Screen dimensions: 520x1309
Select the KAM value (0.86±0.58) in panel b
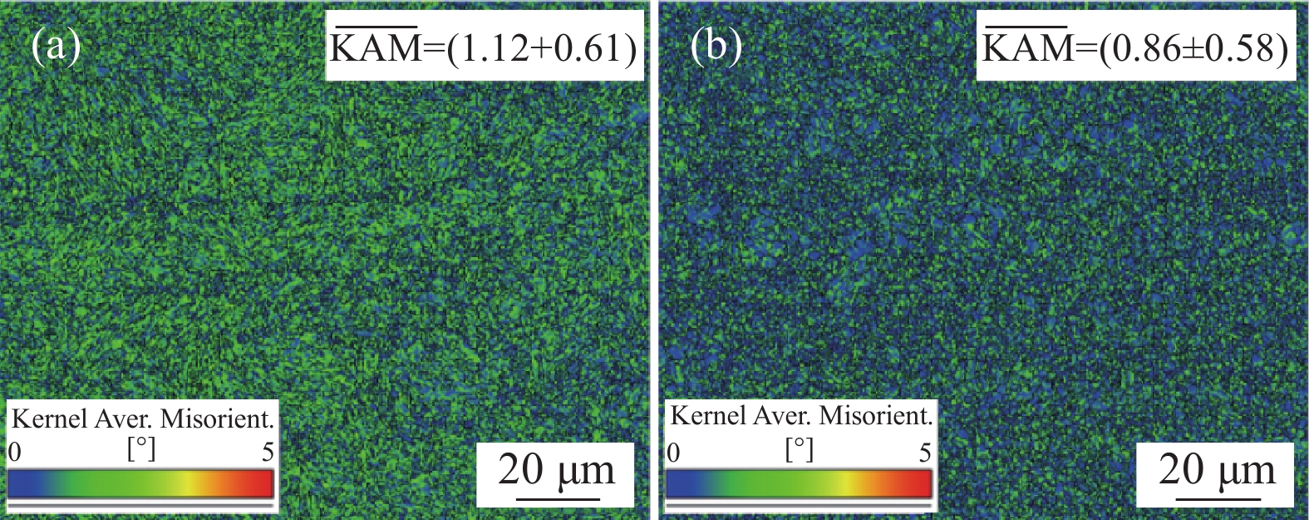[1193, 49]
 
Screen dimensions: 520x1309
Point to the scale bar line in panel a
[558, 499]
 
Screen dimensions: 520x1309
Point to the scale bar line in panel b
[1217, 499]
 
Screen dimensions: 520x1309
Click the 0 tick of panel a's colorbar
[14, 452]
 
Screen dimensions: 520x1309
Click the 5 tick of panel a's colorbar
[268, 452]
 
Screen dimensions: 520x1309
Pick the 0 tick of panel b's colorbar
[673, 452]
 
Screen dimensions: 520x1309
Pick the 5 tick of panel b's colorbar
[925, 452]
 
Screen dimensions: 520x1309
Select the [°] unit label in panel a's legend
[141, 449]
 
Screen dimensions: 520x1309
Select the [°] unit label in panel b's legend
[800, 449]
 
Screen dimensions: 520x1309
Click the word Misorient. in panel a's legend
[217, 418]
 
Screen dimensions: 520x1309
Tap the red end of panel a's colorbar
[261, 483]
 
